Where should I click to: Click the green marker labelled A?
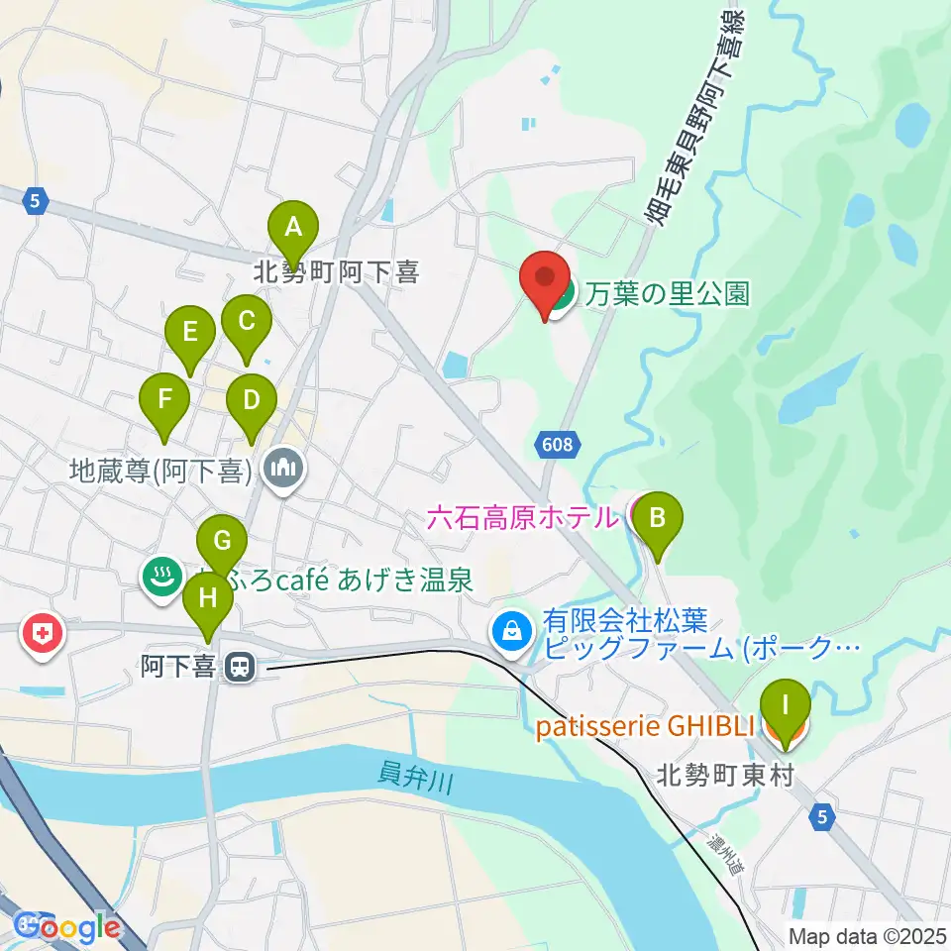[292, 228]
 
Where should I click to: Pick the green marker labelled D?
[251, 401]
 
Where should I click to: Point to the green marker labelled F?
[165, 401]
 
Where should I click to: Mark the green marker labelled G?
[222, 542]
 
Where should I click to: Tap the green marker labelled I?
[786, 706]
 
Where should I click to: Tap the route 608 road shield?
[558, 445]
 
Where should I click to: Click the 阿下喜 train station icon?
[238, 669]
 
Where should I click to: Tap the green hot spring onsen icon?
[161, 576]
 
